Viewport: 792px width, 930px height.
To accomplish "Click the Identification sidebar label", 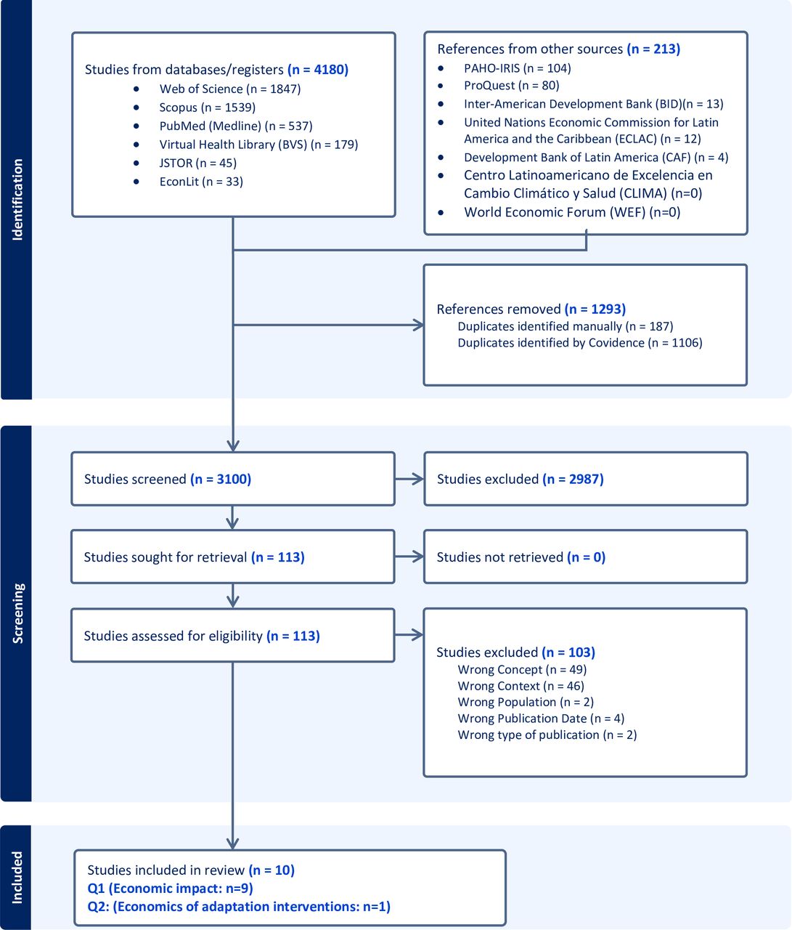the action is (x=17, y=200).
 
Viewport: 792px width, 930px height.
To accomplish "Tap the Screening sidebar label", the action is (x=17, y=613).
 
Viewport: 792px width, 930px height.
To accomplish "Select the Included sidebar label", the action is (x=17, y=878).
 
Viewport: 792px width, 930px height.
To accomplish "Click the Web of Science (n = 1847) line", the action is (x=230, y=89).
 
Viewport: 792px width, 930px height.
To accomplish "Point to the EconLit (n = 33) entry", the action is (x=201, y=182).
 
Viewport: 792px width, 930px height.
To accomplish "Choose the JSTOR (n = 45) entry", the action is (x=197, y=163).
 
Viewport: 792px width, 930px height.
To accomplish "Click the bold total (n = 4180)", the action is (x=318, y=70).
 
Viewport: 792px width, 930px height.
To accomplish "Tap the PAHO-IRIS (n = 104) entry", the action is (x=518, y=68).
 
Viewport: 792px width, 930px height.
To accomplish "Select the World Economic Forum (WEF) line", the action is (x=572, y=212).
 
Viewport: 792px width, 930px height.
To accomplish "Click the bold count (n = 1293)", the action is (x=595, y=309).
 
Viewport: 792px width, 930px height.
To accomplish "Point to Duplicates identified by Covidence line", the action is (x=580, y=343).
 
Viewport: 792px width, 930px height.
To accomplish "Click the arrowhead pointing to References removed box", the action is (x=418, y=325).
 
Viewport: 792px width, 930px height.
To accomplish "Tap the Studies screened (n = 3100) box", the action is (x=233, y=479).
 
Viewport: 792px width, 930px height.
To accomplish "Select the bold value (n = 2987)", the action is (x=573, y=480).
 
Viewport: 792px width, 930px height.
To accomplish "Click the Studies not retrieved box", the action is (x=586, y=557).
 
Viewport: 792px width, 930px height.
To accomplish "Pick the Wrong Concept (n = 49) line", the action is (x=522, y=669).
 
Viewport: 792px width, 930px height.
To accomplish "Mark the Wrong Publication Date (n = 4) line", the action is (x=541, y=718).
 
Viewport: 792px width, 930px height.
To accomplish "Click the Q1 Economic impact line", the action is (x=171, y=888).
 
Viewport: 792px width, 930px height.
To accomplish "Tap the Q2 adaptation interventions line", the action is (x=239, y=906).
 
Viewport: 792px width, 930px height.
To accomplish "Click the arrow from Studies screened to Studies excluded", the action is (x=409, y=480).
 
